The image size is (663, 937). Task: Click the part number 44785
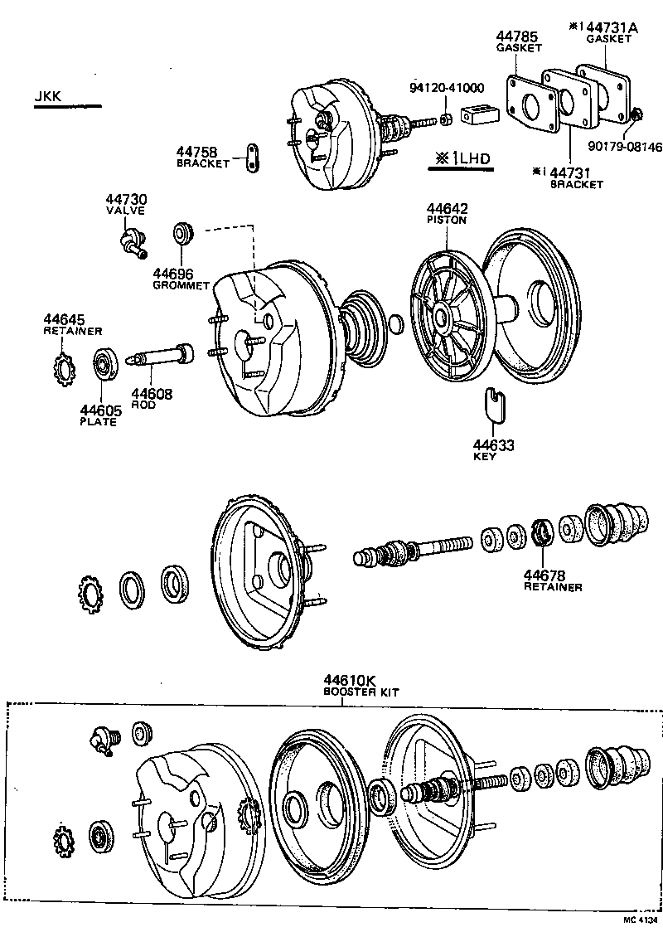[517, 36]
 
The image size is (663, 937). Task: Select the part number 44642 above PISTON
[447, 209]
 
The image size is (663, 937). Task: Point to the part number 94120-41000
[448, 88]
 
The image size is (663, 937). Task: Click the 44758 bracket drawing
[252, 157]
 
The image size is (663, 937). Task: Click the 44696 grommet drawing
[182, 234]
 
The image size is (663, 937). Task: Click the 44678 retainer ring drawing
[542, 532]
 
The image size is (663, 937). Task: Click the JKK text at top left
[49, 97]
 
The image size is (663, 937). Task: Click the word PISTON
[447, 221]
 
